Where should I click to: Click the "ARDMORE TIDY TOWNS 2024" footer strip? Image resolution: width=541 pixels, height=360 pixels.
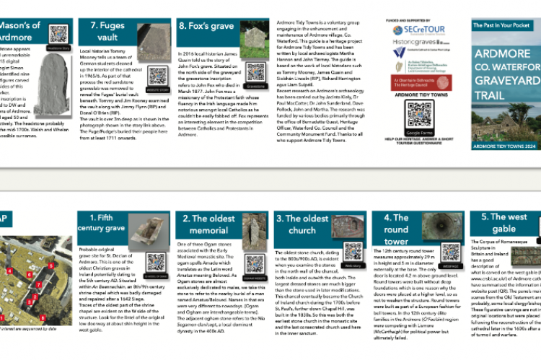[x=504, y=146]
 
